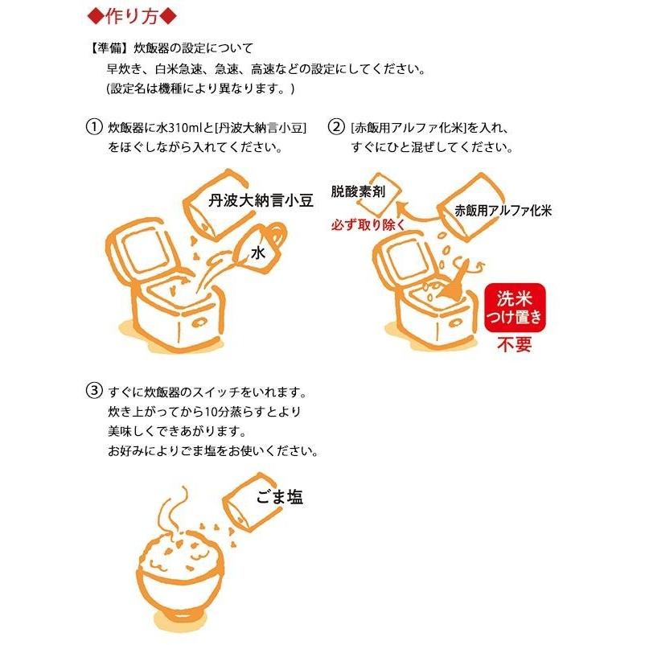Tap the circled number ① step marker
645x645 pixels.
pos(93,128)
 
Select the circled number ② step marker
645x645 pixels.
pos(336,128)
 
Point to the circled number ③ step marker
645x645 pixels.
pos(93,392)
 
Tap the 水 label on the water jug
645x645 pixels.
pos(257,253)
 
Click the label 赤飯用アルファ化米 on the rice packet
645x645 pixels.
pos(502,212)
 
